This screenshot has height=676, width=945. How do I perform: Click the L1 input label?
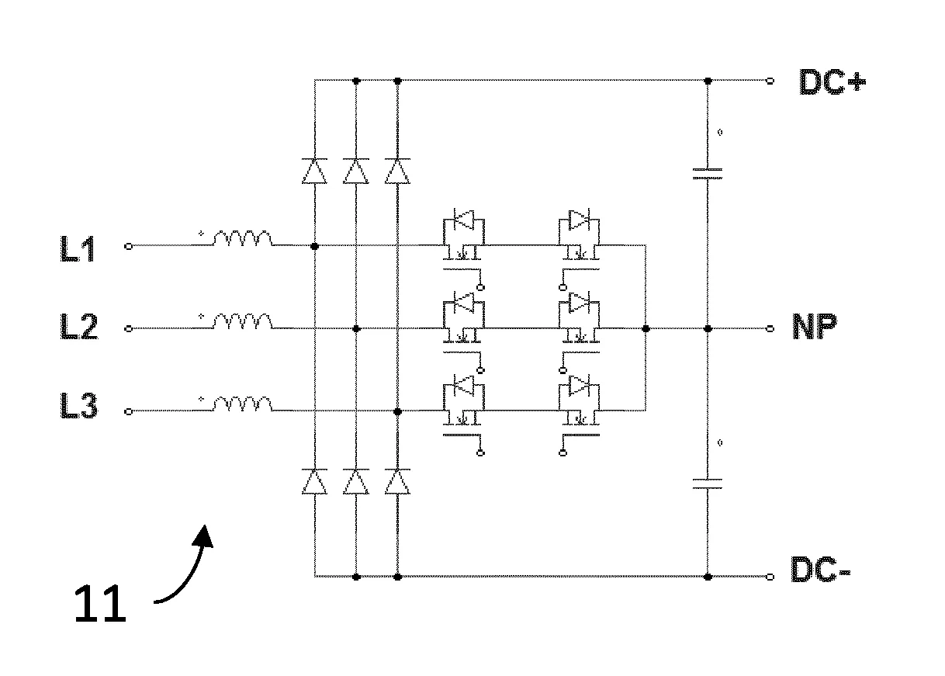(x=78, y=249)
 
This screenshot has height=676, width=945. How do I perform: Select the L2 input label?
(x=79, y=327)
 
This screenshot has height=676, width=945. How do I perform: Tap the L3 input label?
(x=79, y=405)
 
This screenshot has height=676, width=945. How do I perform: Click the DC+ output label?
(x=832, y=81)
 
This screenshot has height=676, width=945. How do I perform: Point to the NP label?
(x=814, y=327)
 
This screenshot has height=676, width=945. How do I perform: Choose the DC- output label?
(x=821, y=569)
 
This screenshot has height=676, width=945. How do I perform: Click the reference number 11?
(x=100, y=604)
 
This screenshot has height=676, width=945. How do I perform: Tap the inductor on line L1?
(x=242, y=238)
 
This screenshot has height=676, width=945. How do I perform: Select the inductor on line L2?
(x=242, y=321)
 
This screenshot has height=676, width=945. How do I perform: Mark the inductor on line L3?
(x=242, y=404)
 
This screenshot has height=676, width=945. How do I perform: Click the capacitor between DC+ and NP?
(x=708, y=174)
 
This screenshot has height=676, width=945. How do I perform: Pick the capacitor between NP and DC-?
(x=708, y=484)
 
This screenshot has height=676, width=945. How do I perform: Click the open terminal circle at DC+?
(x=770, y=81)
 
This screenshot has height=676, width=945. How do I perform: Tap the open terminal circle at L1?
(x=129, y=246)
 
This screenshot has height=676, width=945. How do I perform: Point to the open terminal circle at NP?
(x=770, y=329)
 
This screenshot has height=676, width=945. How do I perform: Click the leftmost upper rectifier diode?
(x=314, y=171)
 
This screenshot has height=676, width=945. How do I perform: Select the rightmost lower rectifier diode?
(x=397, y=481)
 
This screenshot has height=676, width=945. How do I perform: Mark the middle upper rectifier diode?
(x=356, y=171)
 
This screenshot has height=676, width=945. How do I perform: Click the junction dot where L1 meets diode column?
(x=314, y=246)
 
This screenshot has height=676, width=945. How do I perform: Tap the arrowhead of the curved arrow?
(x=204, y=537)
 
